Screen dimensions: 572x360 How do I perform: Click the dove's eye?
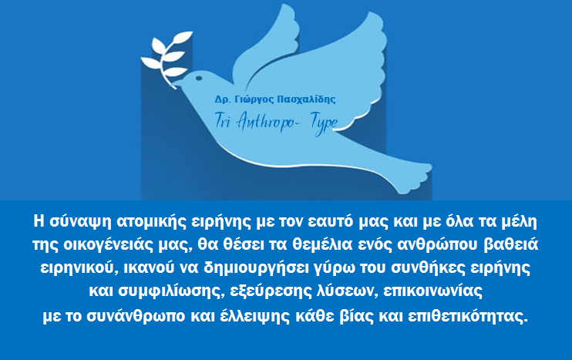coord(199,78)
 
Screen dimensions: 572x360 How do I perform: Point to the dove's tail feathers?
coord(409,175)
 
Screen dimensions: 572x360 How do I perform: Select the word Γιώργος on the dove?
coord(254,99)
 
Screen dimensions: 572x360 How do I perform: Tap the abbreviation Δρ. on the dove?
coord(223,99)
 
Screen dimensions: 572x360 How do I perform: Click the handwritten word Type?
coord(325,123)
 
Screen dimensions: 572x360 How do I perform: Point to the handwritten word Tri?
coord(223,119)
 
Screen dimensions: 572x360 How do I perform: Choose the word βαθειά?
coord(510,244)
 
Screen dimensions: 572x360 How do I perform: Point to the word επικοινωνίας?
coord(432,291)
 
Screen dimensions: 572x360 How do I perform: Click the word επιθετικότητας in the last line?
coord(468,316)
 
